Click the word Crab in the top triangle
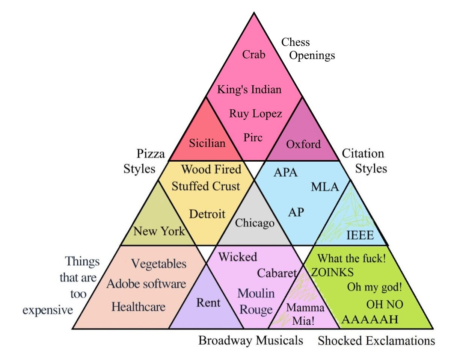(254, 55)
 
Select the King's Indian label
(249, 90)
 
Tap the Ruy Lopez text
(255, 113)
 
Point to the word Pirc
(253, 137)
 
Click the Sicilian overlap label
(207, 143)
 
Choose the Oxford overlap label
(303, 144)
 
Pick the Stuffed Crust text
(206, 186)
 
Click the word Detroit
(207, 214)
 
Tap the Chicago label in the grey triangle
(255, 223)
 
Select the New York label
(159, 231)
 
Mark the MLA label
(325, 187)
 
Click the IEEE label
(360, 236)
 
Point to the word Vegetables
(158, 264)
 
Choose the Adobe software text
(146, 284)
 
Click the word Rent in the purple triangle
(208, 303)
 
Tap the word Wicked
(238, 257)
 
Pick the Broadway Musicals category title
(250, 340)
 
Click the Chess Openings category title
(308, 49)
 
